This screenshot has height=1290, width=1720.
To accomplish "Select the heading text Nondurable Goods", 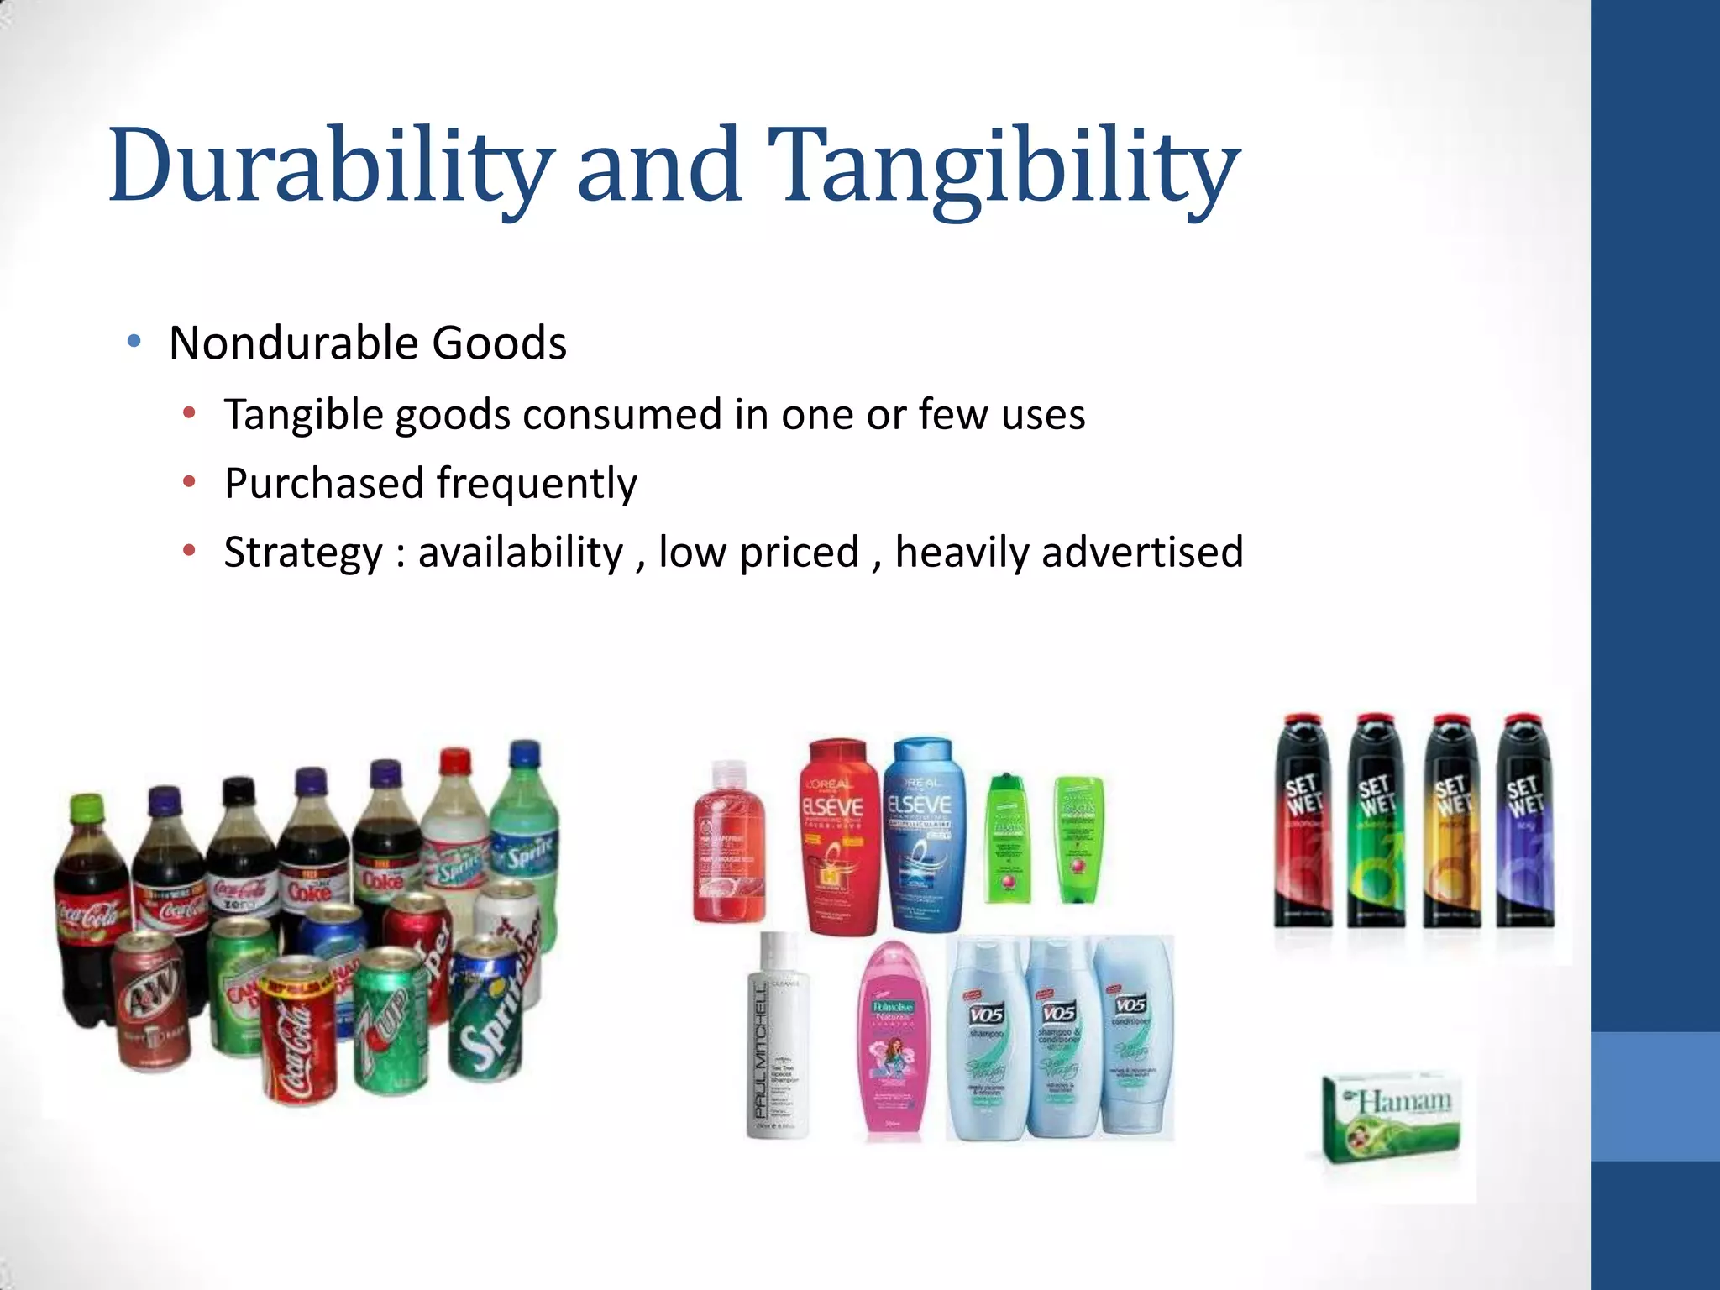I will (x=368, y=343).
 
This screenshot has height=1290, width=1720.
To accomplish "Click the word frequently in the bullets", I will (x=537, y=484).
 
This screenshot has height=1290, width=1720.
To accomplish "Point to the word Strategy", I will (x=303, y=553).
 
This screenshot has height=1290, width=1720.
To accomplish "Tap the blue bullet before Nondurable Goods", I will (x=134, y=342).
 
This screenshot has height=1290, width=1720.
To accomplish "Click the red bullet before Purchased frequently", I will (x=190, y=482).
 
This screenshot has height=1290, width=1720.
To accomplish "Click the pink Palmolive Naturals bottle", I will (x=894, y=1041).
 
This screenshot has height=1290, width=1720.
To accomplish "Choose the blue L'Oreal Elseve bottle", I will (x=922, y=836).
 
